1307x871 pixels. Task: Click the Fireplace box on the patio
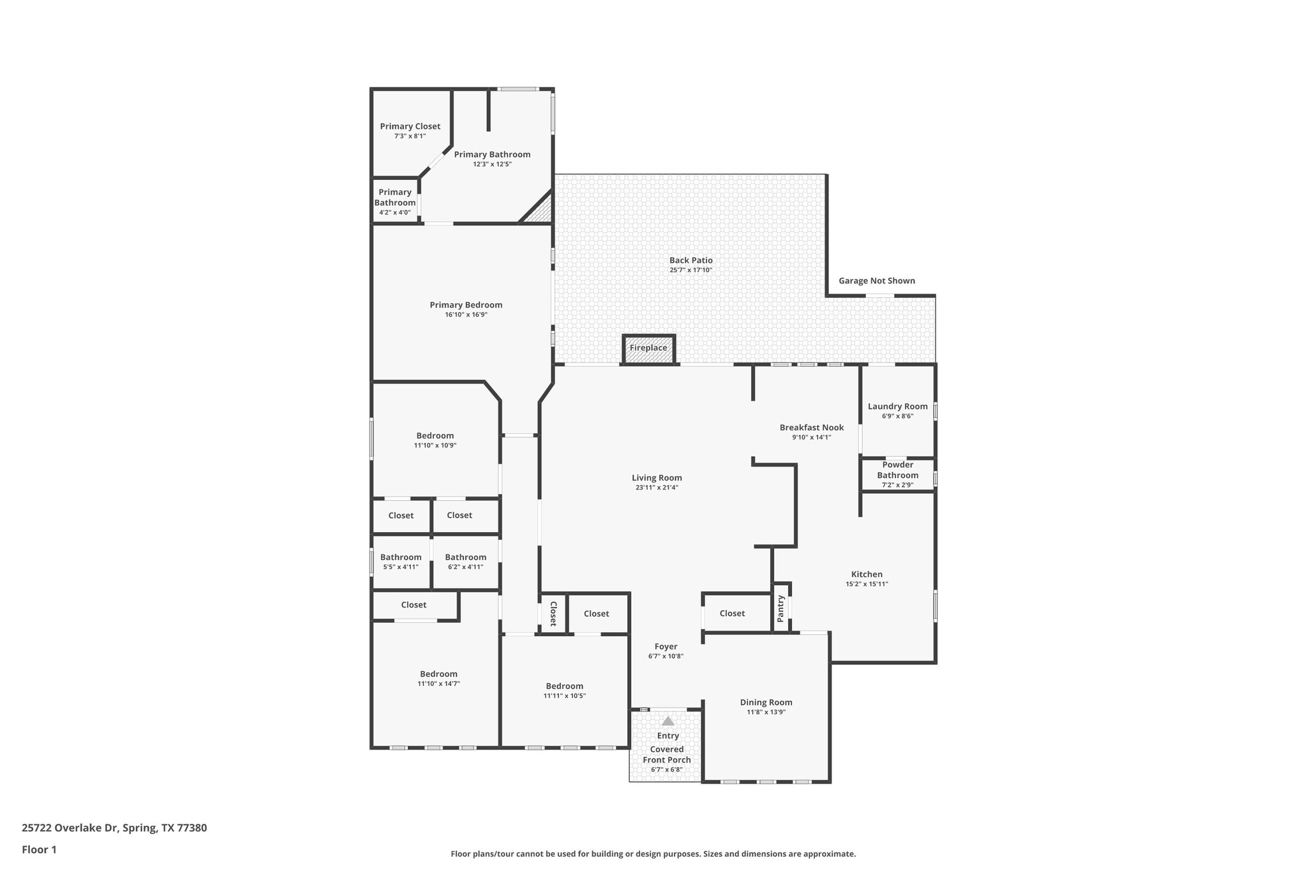(x=648, y=348)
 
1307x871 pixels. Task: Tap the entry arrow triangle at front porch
(x=668, y=721)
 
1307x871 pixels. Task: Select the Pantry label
(x=780, y=608)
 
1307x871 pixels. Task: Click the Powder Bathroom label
(x=897, y=470)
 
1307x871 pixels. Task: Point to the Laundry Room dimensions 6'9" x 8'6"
(x=897, y=416)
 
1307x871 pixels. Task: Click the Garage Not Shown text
(x=876, y=281)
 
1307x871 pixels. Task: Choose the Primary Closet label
(x=410, y=126)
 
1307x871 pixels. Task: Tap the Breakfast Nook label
(x=811, y=428)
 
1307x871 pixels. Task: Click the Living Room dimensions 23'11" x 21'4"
(x=657, y=488)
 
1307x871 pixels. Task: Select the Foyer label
(x=666, y=646)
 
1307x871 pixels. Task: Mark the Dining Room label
(x=766, y=702)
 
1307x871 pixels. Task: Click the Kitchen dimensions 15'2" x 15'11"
(x=867, y=584)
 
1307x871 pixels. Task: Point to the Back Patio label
(x=691, y=260)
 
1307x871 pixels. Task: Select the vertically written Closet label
(x=553, y=613)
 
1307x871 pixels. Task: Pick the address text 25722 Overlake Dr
(x=70, y=828)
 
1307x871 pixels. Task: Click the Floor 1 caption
(x=39, y=849)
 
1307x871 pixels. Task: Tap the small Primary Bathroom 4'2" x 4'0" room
(x=395, y=202)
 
